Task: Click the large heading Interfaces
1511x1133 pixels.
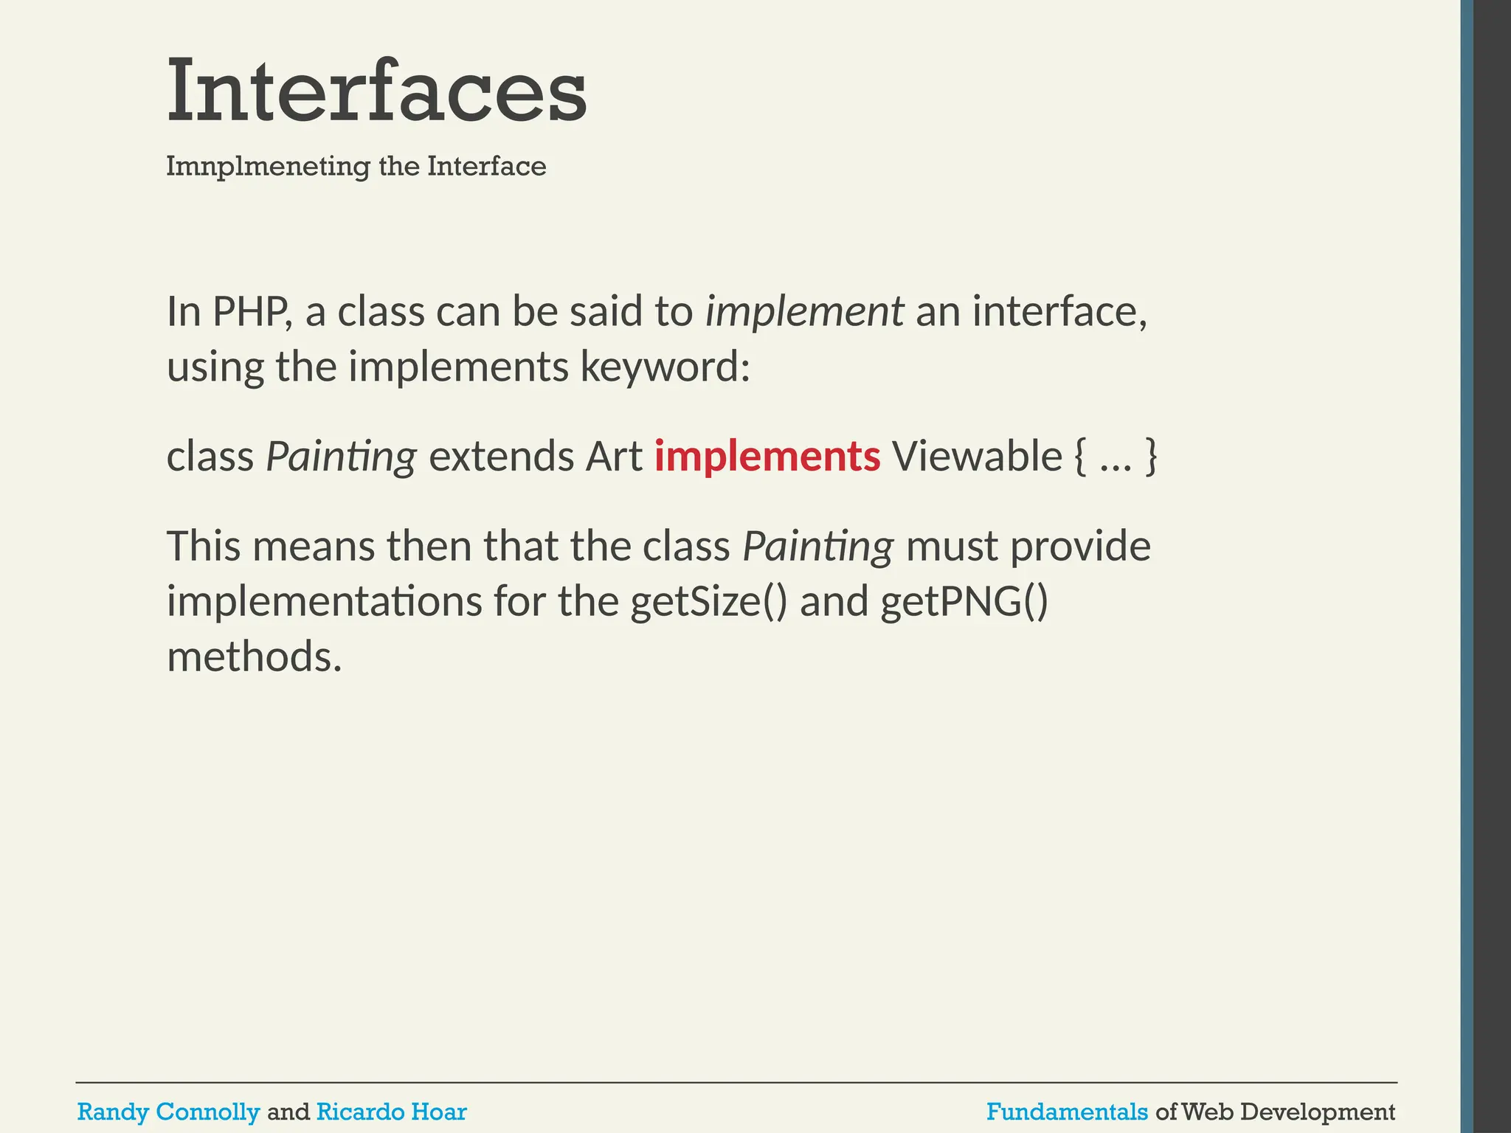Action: (376, 92)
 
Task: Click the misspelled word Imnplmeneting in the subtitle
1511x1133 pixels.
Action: (268, 167)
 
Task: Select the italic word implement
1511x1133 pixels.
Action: (804, 311)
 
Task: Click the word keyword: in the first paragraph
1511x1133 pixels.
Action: (665, 367)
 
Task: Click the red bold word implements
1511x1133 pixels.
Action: (767, 456)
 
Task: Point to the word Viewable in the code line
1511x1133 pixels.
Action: (977, 456)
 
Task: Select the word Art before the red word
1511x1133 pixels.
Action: (614, 456)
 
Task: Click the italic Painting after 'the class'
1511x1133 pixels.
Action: (817, 547)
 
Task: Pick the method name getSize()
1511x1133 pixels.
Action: (708, 602)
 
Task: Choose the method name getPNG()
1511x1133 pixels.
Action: (964, 602)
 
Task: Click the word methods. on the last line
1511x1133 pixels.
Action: (255, 656)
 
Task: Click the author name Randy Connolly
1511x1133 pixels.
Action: (168, 1112)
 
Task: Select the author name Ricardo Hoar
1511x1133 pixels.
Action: (391, 1112)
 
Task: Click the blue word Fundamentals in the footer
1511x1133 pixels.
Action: (1067, 1112)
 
